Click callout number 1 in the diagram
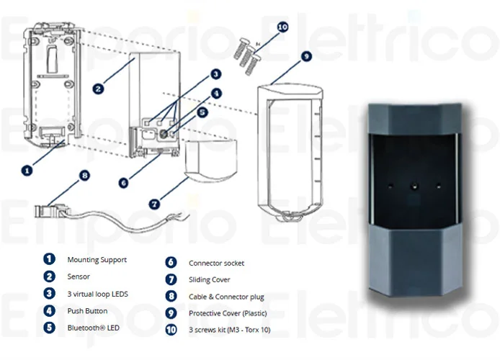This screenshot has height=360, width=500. (27, 171)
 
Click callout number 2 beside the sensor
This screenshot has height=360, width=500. (99, 89)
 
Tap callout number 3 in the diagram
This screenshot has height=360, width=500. (215, 74)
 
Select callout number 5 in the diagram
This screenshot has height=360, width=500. (202, 112)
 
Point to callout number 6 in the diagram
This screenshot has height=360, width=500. (124, 183)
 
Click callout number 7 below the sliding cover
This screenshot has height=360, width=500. (153, 204)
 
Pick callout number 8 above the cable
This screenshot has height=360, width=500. (85, 175)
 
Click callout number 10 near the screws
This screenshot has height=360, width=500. (282, 27)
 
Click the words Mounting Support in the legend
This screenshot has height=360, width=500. (97, 259)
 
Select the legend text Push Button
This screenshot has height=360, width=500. (87, 311)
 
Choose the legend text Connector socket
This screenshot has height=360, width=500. (215, 264)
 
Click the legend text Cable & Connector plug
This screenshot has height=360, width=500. (226, 297)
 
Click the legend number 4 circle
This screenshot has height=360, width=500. (49, 311)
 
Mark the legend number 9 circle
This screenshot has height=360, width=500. (171, 313)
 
